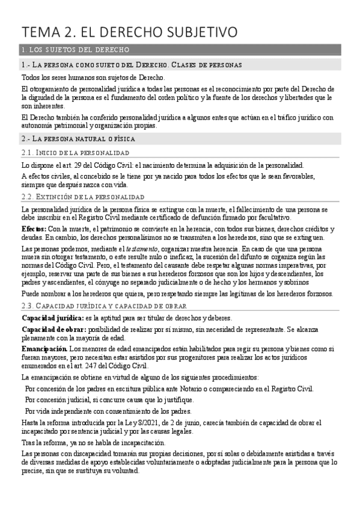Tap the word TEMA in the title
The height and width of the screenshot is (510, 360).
tap(40, 31)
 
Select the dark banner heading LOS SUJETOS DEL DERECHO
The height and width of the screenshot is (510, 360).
tap(78, 49)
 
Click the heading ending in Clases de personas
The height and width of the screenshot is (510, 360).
tap(132, 64)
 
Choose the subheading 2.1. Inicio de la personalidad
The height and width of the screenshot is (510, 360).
tap(75, 153)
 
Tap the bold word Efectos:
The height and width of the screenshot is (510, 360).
tap(33, 229)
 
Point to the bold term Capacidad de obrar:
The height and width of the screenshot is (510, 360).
tap(53, 329)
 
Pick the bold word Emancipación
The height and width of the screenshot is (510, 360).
tap(44, 349)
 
